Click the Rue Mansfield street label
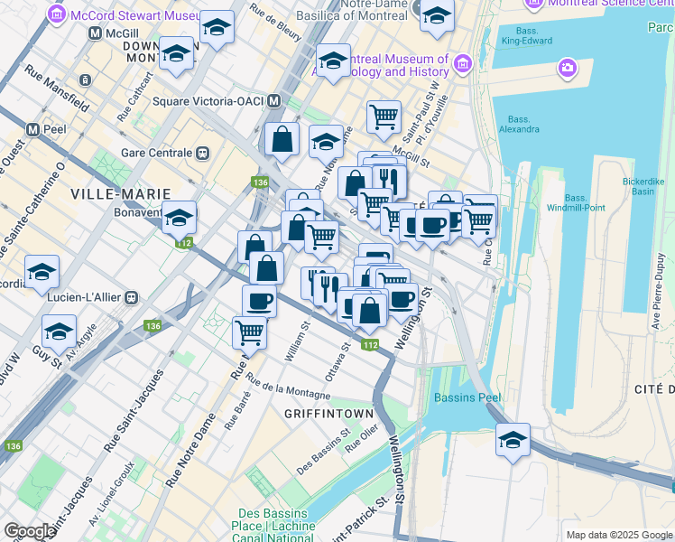(57, 88)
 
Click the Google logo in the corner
(30, 531)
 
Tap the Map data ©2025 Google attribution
(619, 535)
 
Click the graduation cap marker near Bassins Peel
(513, 441)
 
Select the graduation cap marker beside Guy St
(59, 331)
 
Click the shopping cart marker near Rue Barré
(249, 332)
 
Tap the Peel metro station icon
(33, 129)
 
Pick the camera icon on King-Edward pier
(567, 67)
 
